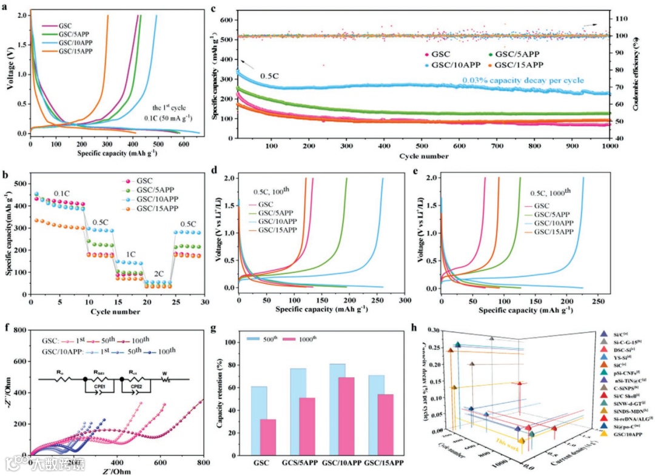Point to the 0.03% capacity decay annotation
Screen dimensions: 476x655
(x=523, y=80)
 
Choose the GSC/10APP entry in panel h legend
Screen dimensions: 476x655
(x=625, y=451)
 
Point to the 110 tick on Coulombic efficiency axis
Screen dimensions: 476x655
(x=620, y=19)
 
